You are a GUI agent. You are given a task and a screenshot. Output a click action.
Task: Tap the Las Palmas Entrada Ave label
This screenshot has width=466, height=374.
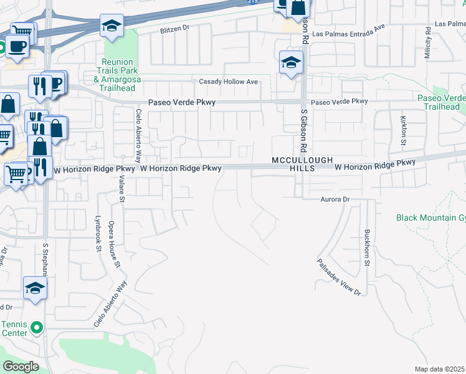tap(349, 34)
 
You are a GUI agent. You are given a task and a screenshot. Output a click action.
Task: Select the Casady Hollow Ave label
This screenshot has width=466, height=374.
tap(228, 82)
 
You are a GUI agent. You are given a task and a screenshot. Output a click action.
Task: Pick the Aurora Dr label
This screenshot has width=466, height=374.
tap(336, 199)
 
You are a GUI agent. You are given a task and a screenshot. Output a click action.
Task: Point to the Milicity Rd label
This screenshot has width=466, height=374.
tap(428, 42)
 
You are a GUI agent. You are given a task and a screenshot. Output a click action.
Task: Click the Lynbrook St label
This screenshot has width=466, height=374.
tap(98, 234)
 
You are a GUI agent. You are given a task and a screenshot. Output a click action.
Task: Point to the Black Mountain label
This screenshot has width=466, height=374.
tap(430, 218)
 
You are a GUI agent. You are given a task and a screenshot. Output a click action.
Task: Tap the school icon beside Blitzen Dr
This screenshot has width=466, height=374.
tap(112, 26)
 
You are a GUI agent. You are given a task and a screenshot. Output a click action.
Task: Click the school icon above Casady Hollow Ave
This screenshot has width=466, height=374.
tap(291, 62)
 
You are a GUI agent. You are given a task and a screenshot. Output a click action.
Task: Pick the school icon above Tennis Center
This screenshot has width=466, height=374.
tap(35, 289)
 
